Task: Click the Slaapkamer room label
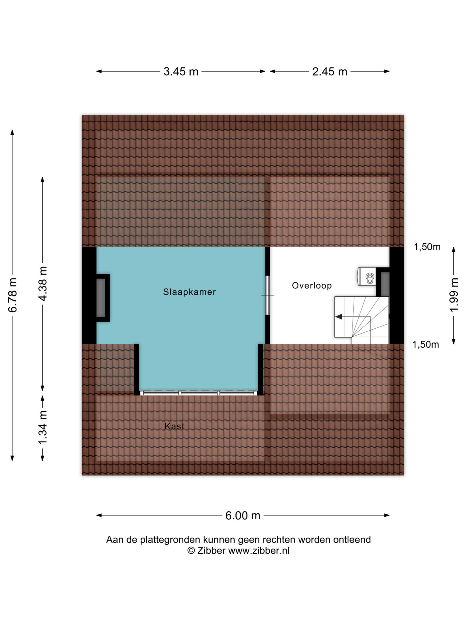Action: (189, 292)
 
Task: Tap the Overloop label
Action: (312, 286)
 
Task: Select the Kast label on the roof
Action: (175, 426)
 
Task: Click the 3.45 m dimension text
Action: (181, 72)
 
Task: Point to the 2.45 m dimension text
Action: (330, 72)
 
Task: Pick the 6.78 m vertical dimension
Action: (13, 295)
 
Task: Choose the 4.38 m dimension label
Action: (43, 283)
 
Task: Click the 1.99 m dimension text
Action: (454, 295)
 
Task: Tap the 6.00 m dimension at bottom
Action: (243, 516)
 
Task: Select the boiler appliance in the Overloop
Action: (367, 276)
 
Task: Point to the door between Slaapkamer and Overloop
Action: (267, 295)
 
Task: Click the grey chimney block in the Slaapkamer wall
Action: (101, 298)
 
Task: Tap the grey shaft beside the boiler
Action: (385, 284)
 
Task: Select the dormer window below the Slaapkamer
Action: (199, 393)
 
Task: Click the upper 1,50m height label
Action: (427, 247)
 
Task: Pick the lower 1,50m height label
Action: (426, 345)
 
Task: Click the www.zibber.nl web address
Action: (259, 551)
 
